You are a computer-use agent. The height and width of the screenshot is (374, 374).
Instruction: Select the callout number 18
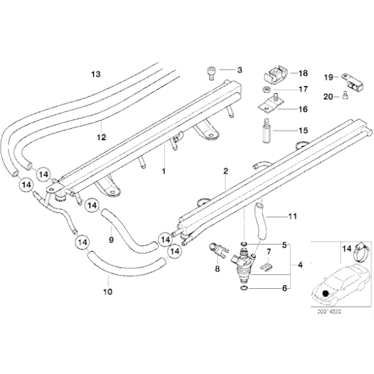click(302, 74)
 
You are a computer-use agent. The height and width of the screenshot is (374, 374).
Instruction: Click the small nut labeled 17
click(266, 89)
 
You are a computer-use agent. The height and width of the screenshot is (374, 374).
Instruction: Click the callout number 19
click(327, 77)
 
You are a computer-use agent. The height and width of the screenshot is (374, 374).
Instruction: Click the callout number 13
click(96, 74)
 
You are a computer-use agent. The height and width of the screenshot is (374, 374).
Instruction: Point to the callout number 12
click(101, 137)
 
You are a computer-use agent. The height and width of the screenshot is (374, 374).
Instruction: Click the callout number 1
click(164, 172)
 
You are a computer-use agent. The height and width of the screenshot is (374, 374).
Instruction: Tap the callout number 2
click(226, 172)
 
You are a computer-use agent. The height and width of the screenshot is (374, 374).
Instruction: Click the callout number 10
click(108, 292)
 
